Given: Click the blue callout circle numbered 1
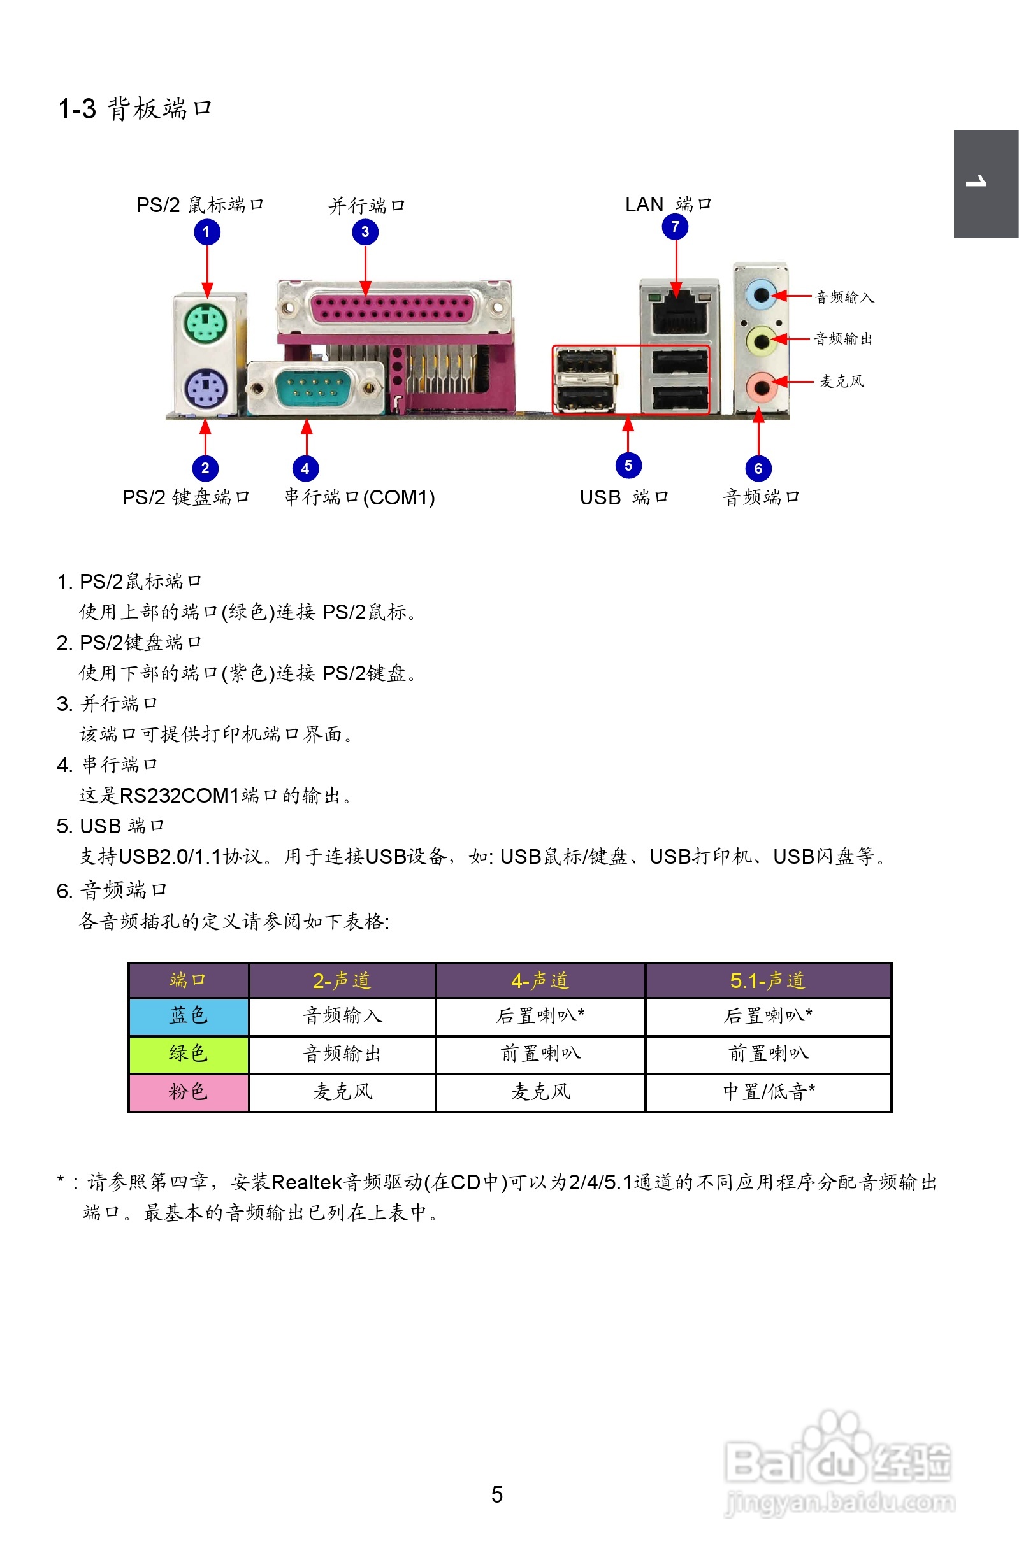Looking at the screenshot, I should coord(206,232).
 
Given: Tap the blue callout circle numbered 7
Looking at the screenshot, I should coord(675,227).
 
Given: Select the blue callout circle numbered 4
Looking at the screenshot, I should coord(305,469).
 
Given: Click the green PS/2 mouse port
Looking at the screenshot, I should coord(206,324).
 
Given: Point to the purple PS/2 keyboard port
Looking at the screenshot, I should coord(206,387).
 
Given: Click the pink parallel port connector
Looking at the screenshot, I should coord(391,308).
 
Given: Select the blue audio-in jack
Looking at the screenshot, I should coord(761,296).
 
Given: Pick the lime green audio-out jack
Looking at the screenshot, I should coord(761,340).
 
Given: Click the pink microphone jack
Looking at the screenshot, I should coord(761,386).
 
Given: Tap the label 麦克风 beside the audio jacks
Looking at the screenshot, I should coord(842,382).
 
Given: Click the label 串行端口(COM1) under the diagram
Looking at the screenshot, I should coord(359,497).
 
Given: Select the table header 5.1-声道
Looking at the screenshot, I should coord(767,980).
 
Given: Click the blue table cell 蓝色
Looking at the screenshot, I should coord(188,1016).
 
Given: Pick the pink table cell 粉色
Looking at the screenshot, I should coord(188,1092).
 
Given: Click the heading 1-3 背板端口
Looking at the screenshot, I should coord(135,109).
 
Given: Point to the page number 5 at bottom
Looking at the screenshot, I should coord(497,1494).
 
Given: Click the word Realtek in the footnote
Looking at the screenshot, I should coord(307,1182).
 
